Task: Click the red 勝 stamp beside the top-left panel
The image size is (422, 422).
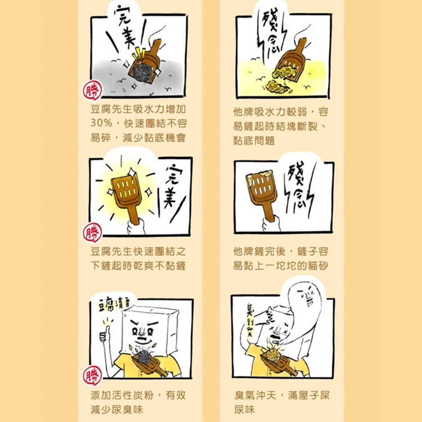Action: (92, 90)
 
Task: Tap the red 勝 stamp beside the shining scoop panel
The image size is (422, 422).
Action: (92, 233)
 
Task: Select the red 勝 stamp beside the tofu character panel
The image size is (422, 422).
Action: (92, 376)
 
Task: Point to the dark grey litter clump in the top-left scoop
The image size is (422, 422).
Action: (143, 71)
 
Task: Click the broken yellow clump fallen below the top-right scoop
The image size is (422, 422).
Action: (277, 87)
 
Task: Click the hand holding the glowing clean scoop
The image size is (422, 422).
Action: (136, 227)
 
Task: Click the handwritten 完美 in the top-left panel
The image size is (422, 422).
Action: (125, 27)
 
